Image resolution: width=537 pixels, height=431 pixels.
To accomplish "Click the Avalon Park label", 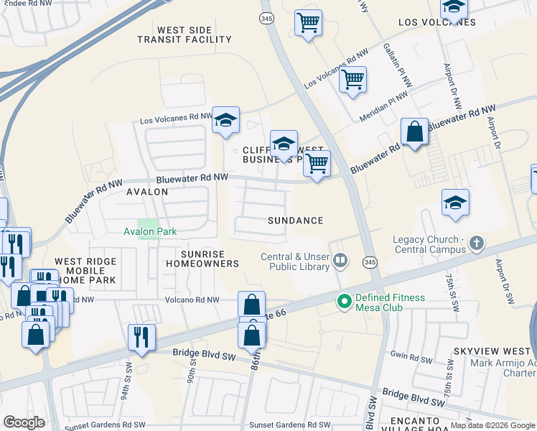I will (x=149, y=231).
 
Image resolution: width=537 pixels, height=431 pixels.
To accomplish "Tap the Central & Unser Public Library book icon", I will (x=341, y=261).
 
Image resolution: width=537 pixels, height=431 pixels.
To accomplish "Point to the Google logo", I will (x=24, y=422).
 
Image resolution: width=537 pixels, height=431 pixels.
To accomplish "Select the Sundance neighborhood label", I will (x=295, y=221).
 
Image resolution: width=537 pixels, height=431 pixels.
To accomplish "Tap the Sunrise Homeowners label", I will (x=202, y=259).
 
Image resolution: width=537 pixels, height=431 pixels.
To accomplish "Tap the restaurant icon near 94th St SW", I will (x=141, y=335).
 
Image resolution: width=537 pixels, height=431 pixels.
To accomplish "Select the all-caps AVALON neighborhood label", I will (x=147, y=192).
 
